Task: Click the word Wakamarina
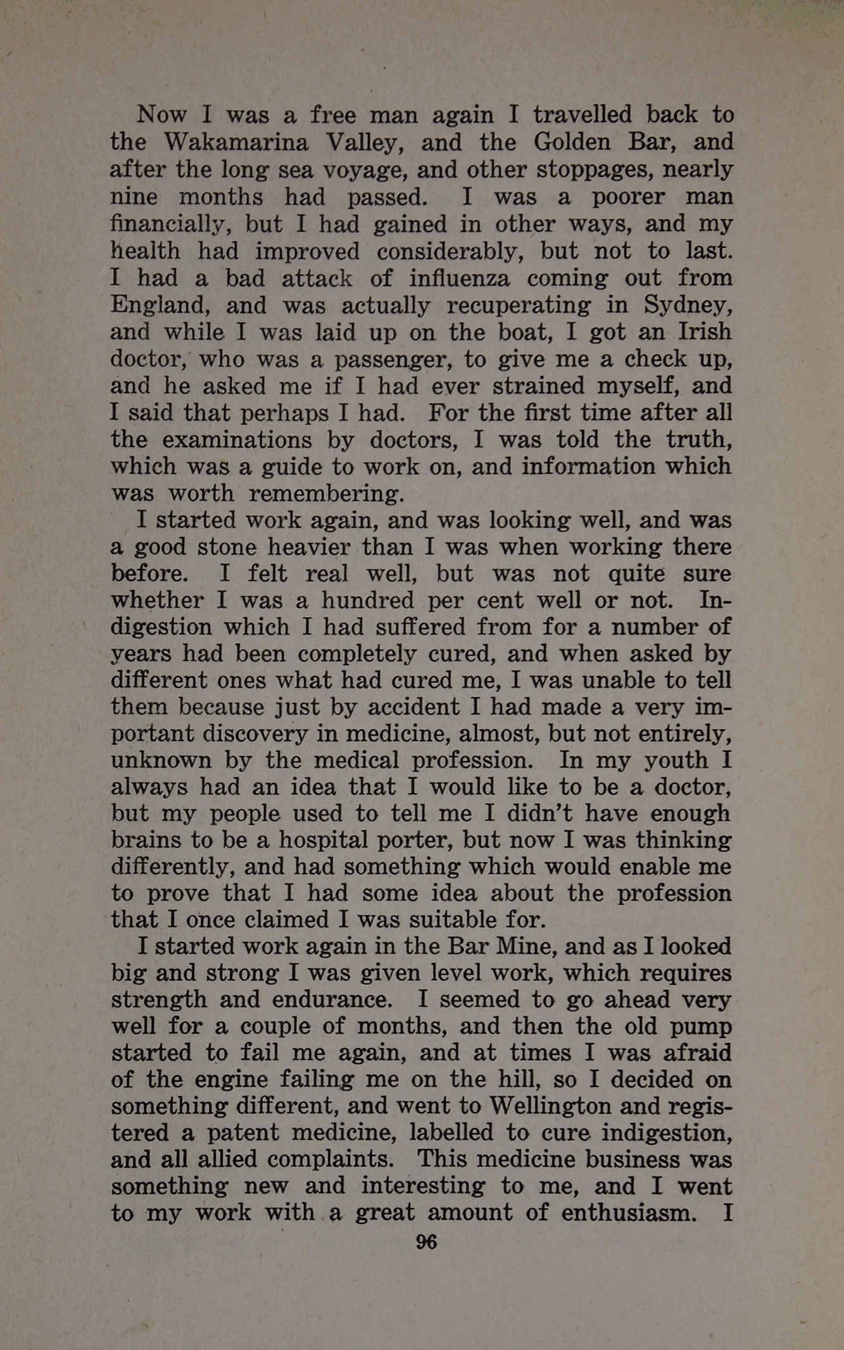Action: pos(236,142)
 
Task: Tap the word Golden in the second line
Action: pos(572,142)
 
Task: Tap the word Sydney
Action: pos(688,306)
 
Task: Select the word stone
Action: pos(227,546)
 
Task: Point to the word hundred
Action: pos(367,600)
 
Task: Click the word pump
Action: pos(703,1027)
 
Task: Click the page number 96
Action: pos(426,1242)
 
